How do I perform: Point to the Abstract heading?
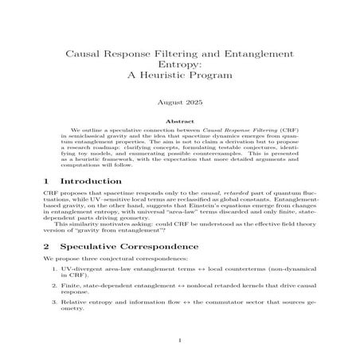[179, 120]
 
